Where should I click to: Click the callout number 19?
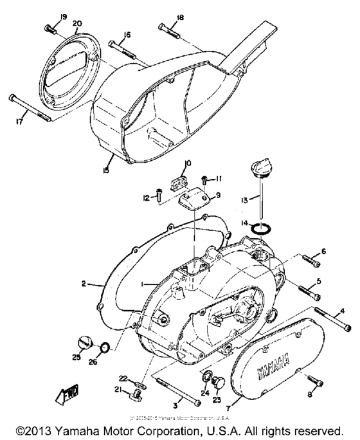(x=46, y=15)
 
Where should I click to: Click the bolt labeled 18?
(x=170, y=28)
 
